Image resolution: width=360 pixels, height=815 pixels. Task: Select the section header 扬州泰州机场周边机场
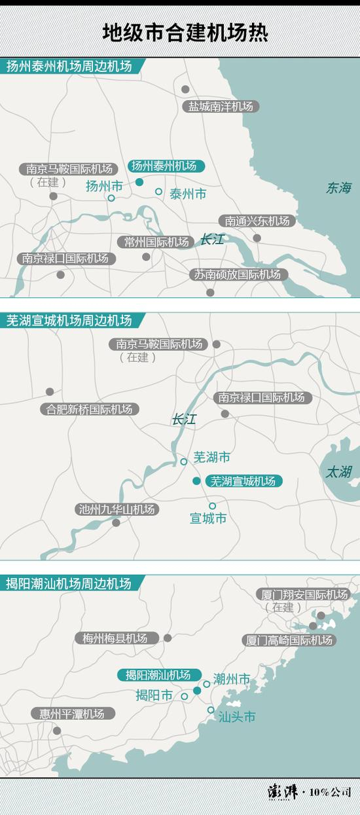click(69, 66)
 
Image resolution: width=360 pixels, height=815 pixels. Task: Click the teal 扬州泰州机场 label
click(164, 166)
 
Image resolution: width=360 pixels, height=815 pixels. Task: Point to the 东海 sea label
click(339, 189)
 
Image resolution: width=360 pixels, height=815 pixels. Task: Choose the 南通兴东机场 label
click(257, 221)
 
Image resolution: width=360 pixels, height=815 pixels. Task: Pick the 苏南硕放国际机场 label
click(237, 274)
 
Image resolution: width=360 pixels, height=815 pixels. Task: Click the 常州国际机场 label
click(156, 242)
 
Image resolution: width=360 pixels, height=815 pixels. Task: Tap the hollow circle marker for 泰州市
click(158, 192)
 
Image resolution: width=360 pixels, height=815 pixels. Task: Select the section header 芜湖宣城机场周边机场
click(69, 321)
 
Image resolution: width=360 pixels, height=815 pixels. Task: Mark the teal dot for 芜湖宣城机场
click(196, 481)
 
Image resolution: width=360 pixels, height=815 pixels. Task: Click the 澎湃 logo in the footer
click(283, 792)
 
